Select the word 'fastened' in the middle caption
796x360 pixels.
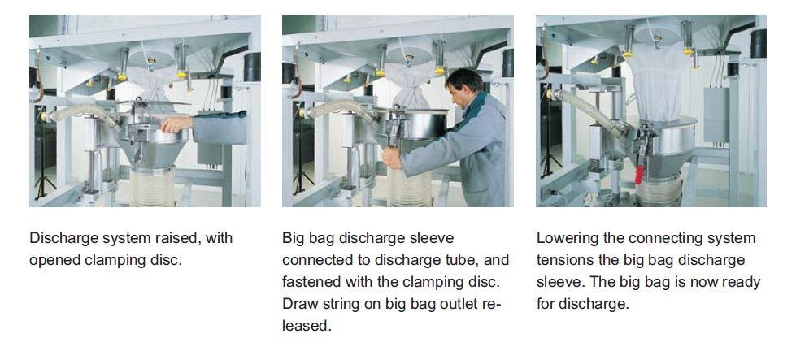click(312, 282)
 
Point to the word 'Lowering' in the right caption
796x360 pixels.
click(568, 238)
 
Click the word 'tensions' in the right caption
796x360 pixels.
click(567, 260)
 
